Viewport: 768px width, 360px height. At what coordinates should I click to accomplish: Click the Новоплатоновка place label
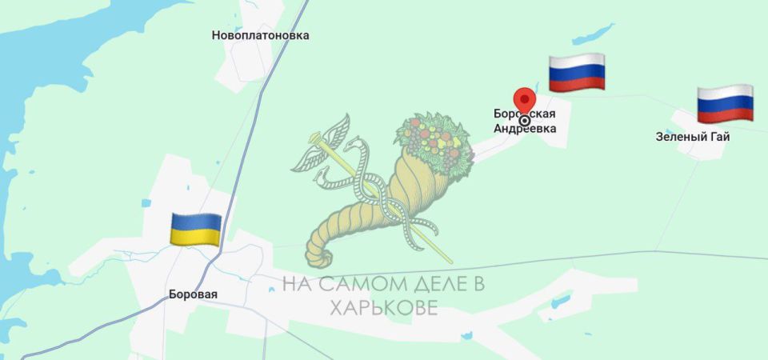click(x=260, y=35)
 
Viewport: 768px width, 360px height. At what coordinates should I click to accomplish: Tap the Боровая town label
click(x=193, y=294)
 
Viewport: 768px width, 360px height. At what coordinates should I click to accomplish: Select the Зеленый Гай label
click(x=692, y=137)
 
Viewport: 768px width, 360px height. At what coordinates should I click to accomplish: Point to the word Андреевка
click(x=525, y=128)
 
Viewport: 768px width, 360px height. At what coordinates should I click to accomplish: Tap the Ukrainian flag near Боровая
click(x=196, y=230)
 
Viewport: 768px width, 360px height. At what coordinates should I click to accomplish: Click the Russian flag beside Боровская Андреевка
click(x=576, y=74)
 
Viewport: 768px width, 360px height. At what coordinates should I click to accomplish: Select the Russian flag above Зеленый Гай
click(x=725, y=103)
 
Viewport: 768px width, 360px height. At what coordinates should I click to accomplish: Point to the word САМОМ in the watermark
click(x=358, y=285)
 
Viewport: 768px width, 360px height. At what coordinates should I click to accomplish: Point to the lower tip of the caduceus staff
click(x=450, y=261)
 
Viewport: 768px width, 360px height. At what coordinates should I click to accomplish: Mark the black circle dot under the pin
click(x=525, y=121)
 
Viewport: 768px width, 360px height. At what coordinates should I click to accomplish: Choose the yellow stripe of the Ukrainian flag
click(x=196, y=237)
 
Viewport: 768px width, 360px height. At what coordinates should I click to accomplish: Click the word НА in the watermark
click(x=296, y=285)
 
